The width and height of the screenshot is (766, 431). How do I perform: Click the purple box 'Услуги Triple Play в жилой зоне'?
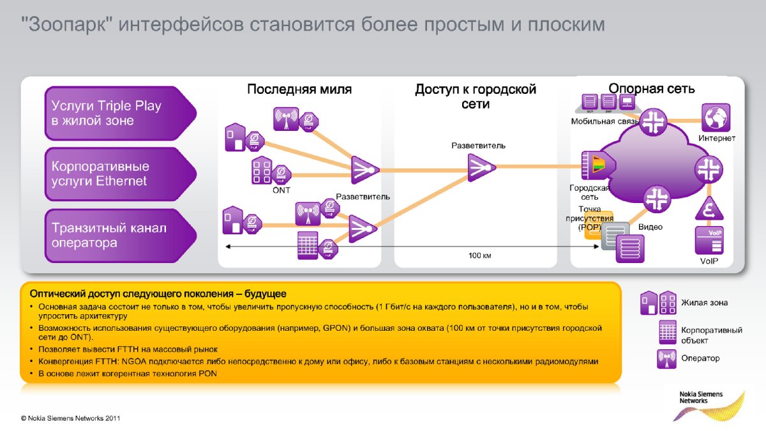pyautogui.click(x=115, y=112)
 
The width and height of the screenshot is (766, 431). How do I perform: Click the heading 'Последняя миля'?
pyautogui.click(x=299, y=89)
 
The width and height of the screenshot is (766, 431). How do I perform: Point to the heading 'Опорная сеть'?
pyautogui.click(x=651, y=89)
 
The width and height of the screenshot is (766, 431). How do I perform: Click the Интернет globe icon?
pyautogui.click(x=716, y=117)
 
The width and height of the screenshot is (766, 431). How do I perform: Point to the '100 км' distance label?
pyautogui.click(x=479, y=255)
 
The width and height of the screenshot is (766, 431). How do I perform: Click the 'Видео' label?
pyautogui.click(x=651, y=227)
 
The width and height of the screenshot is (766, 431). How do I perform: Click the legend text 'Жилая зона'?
pyautogui.click(x=704, y=303)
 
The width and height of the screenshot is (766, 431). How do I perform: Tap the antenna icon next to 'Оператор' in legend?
pyautogui.click(x=666, y=359)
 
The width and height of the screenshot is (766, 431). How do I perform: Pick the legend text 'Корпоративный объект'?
pyautogui.click(x=711, y=335)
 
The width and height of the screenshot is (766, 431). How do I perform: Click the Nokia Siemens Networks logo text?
pyautogui.click(x=700, y=397)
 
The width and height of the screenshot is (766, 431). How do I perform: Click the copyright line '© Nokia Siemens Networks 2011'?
pyautogui.click(x=70, y=419)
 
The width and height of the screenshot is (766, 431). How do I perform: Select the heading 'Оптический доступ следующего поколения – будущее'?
pyautogui.click(x=158, y=294)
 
